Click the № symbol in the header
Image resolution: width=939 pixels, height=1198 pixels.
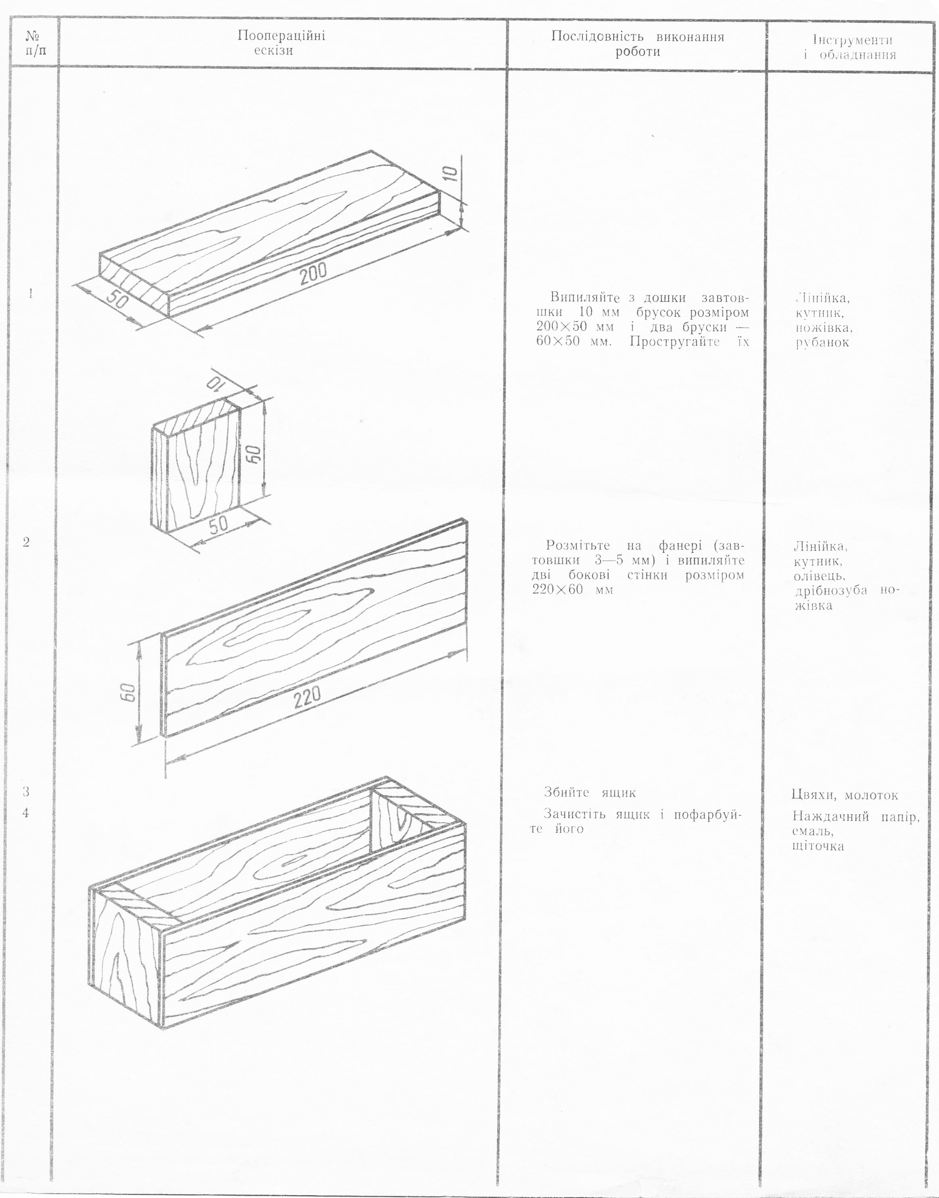[32, 36]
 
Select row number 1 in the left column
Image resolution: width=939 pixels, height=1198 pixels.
[30, 293]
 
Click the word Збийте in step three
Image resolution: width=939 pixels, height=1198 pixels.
[567, 792]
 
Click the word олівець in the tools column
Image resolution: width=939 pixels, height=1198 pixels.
[817, 576]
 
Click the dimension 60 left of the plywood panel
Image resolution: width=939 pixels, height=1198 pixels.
[127, 693]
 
